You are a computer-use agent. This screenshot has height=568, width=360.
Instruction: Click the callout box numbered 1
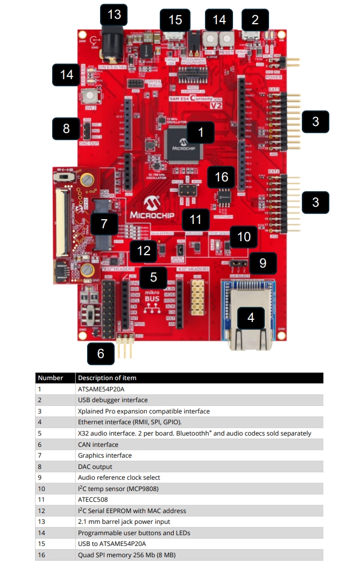[x=201, y=131]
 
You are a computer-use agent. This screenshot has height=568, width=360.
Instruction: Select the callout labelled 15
[x=175, y=20]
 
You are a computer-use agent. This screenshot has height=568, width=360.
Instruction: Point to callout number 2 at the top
[x=255, y=20]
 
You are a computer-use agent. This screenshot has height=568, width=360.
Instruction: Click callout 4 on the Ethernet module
[x=251, y=318]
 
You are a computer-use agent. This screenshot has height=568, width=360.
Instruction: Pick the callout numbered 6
[x=100, y=354]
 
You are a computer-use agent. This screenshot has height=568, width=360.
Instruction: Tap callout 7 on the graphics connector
[x=104, y=223]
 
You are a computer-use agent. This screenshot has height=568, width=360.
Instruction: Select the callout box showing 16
[x=222, y=177]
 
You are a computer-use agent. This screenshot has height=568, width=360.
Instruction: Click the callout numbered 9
[x=263, y=263]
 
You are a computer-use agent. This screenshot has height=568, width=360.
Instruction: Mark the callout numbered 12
[x=144, y=250]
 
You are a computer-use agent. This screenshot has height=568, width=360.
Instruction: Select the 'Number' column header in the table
[x=50, y=378]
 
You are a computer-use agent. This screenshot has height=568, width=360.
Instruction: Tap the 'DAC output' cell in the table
[x=95, y=466]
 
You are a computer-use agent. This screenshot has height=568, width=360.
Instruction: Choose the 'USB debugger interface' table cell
[x=112, y=400]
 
